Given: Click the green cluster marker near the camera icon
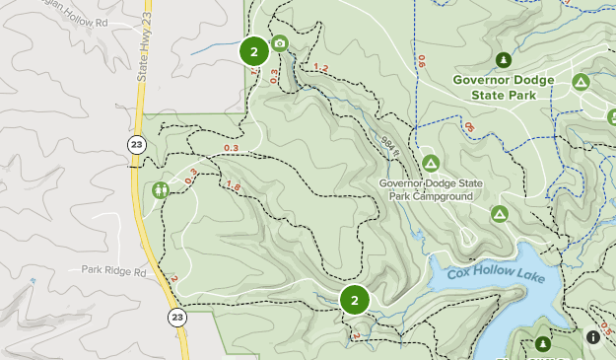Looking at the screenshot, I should pyautogui.click(x=253, y=52).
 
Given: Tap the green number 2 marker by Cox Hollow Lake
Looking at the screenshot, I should pyautogui.click(x=354, y=300).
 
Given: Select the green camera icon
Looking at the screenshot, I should pyautogui.click(x=279, y=42).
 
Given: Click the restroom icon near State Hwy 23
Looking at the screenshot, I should pyautogui.click(x=160, y=189).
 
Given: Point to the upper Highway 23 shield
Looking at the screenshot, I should pyautogui.click(x=135, y=144).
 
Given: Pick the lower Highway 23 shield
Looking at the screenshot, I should pyautogui.click(x=176, y=317).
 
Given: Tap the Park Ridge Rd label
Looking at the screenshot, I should pyautogui.click(x=113, y=270).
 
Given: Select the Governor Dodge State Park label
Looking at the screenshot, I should pyautogui.click(x=495, y=88).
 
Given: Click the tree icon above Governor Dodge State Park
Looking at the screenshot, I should pyautogui.click(x=505, y=60).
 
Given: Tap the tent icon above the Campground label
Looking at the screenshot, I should pyautogui.click(x=430, y=162).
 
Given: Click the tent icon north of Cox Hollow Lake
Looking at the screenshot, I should pyautogui.click(x=500, y=213).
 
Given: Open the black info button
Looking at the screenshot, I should pyautogui.click(x=593, y=336).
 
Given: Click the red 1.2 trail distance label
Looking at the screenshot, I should pyautogui.click(x=320, y=68).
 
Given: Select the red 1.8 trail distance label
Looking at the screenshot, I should pyautogui.click(x=234, y=185).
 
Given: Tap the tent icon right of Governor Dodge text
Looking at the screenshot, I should pyautogui.click(x=581, y=81).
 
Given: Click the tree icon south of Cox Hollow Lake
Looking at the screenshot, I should pyautogui.click(x=542, y=344).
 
